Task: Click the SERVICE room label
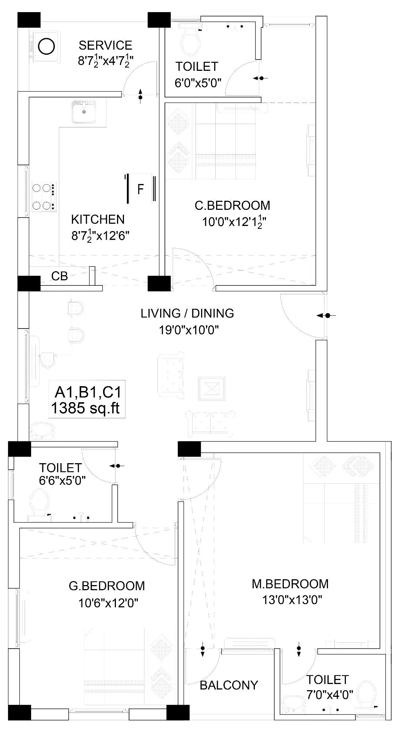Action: coord(105,45)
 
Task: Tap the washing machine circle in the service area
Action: coord(46,46)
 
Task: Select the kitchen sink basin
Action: coord(84,112)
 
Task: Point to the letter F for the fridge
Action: coord(140,189)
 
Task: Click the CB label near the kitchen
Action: coord(60,276)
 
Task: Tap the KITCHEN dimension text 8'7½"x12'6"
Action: coord(101,236)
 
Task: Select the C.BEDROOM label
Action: coord(232,205)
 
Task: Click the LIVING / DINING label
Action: coord(187,313)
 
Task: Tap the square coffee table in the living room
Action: coord(212,389)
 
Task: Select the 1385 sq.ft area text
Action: coord(86,408)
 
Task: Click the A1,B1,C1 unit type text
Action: coord(88,392)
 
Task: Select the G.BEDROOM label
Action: coord(107,586)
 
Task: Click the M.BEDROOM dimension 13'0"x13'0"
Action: coord(292,600)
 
